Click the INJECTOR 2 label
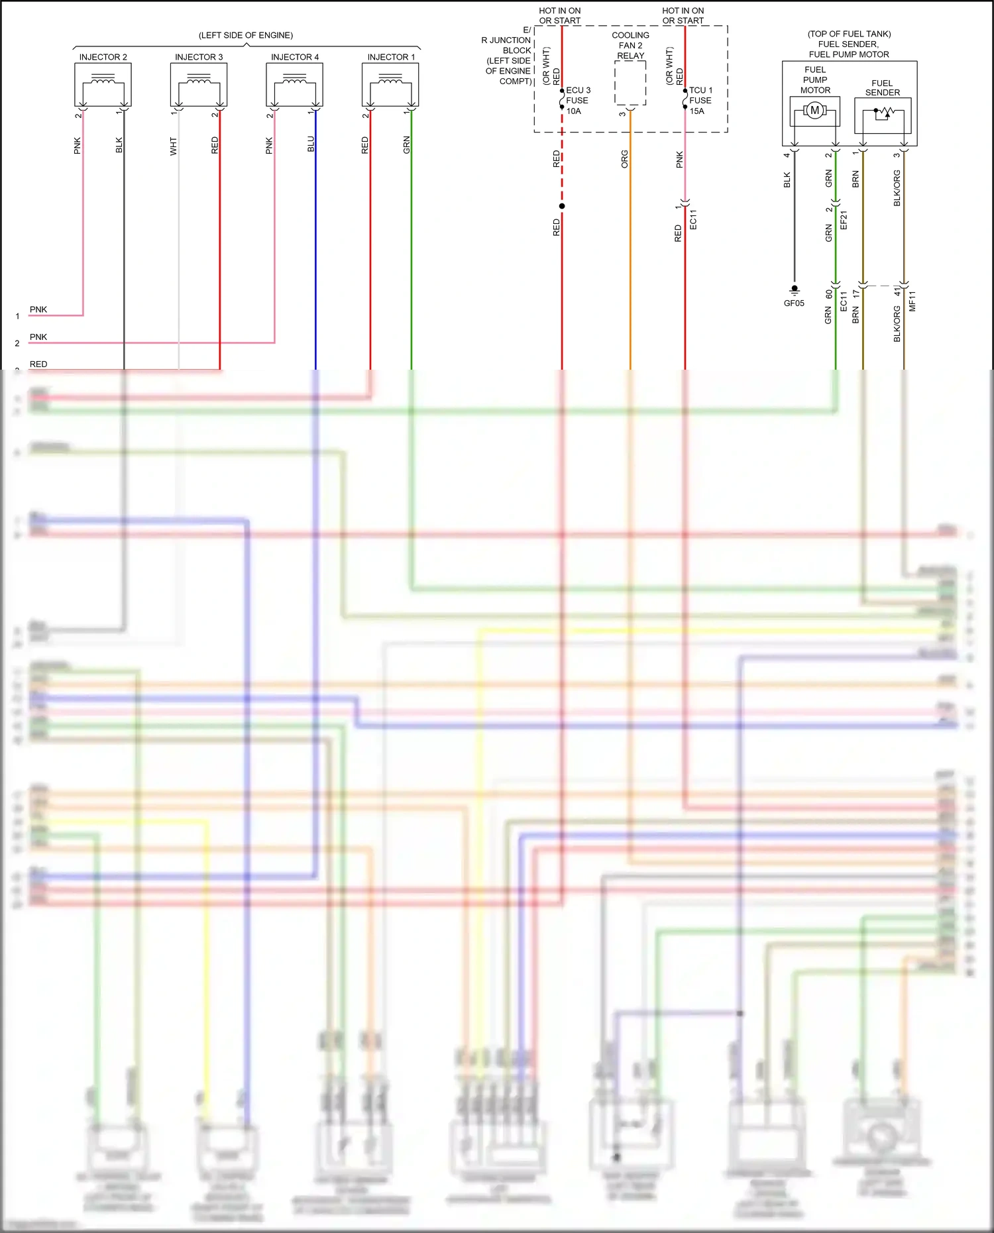pyautogui.click(x=103, y=57)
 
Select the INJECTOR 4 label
pyautogui.click(x=295, y=57)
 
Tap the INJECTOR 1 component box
pyautogui.click(x=390, y=85)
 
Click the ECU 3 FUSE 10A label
pyautogui.click(x=578, y=101)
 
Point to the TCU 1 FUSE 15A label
pyautogui.click(x=701, y=101)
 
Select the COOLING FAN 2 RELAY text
pyautogui.click(x=630, y=45)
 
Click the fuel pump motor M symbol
pyautogui.click(x=815, y=111)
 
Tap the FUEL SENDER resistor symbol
pyautogui.click(x=883, y=114)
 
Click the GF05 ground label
pyautogui.click(x=794, y=303)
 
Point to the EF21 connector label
pyautogui.click(x=844, y=220)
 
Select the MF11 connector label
pyautogui.click(x=912, y=301)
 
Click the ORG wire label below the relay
pyautogui.click(x=624, y=159)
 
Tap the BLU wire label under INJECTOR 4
pyautogui.click(x=311, y=144)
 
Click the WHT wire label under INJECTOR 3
pyautogui.click(x=173, y=146)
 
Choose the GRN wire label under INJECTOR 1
pyautogui.click(x=406, y=145)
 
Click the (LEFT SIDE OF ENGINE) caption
pyautogui.click(x=246, y=35)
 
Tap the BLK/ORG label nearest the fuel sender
pyautogui.click(x=897, y=188)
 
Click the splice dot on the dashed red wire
pyautogui.click(x=562, y=206)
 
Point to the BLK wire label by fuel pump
pyautogui.click(x=787, y=180)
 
